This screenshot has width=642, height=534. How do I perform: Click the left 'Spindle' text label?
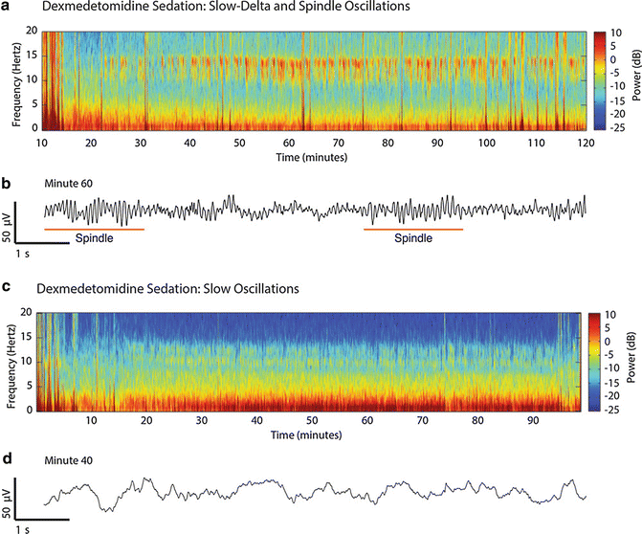95,241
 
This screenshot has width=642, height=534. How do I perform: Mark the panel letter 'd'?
8,459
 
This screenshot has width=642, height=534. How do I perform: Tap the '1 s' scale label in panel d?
24,528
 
